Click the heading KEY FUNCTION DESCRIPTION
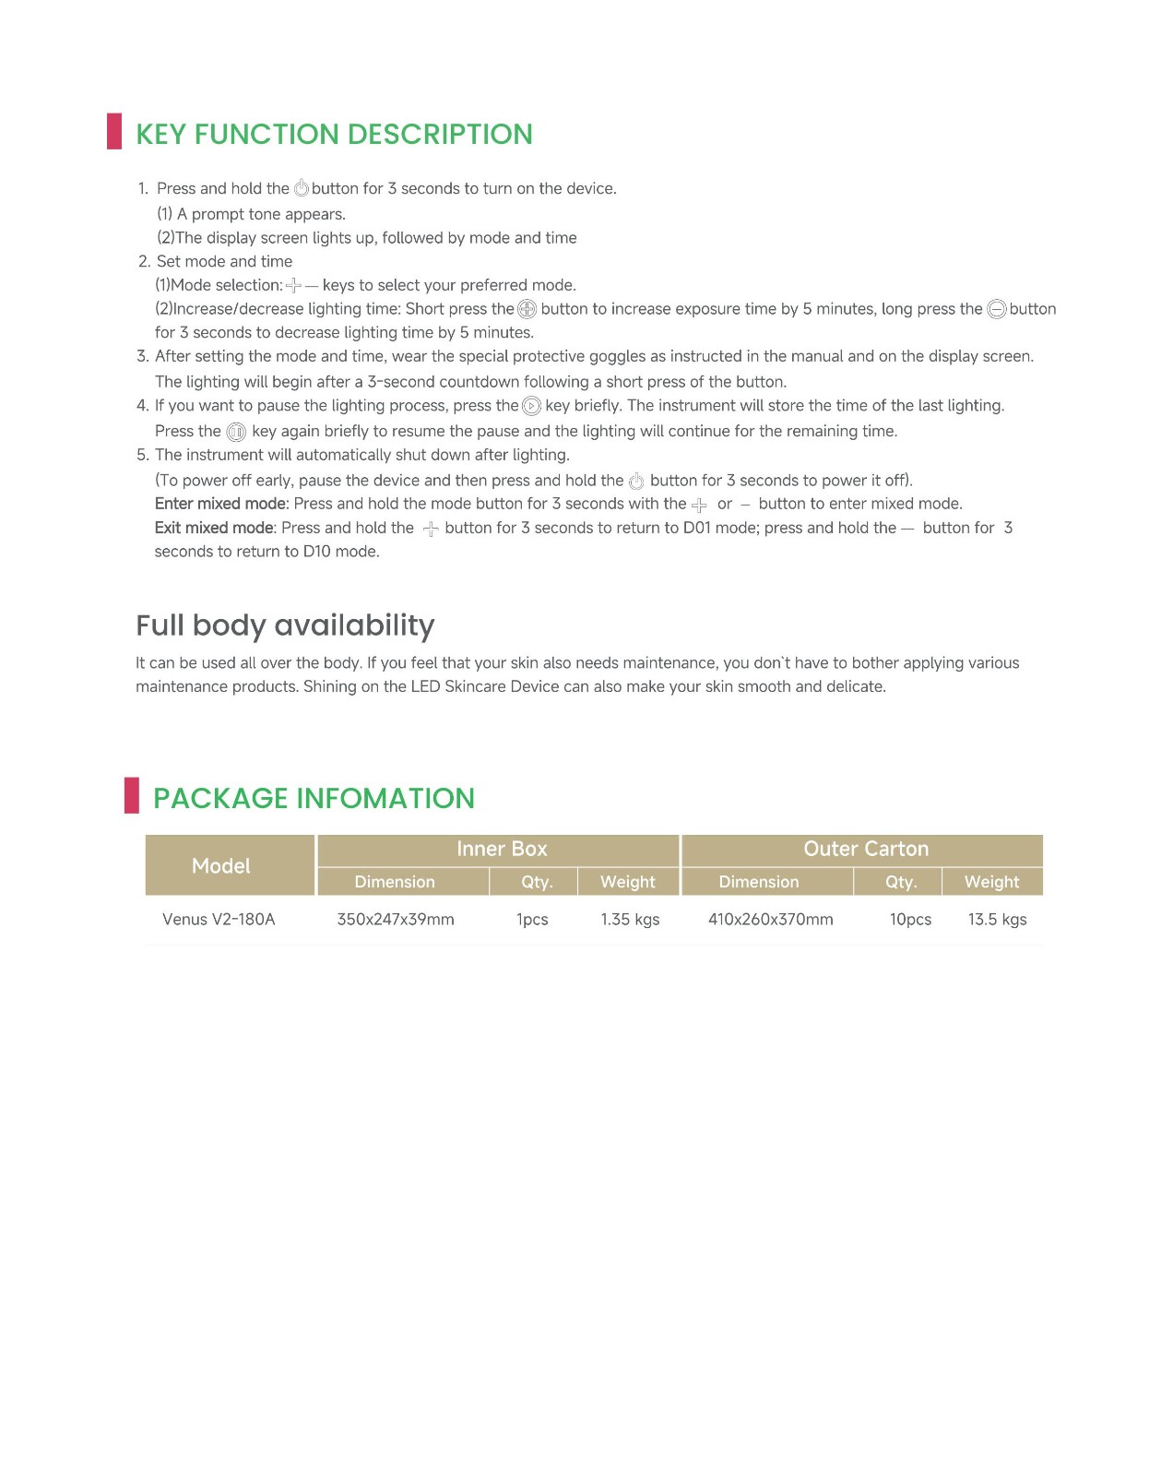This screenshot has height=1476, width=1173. coord(334,135)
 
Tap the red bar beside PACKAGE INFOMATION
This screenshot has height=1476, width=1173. coord(132,795)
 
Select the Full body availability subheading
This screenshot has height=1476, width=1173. coord(285,625)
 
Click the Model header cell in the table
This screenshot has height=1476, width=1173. coord(221,865)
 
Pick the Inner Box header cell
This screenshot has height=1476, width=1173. coord(502,849)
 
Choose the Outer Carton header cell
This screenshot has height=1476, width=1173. coord(866,849)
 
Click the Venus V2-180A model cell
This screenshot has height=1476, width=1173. coord(219,919)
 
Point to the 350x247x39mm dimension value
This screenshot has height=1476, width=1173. coord(396,919)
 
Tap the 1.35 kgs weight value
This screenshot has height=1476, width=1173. coord(630,919)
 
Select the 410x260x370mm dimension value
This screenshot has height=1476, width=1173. coord(771,919)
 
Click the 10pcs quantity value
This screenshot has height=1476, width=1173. coord(910,919)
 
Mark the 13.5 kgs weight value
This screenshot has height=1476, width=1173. coord(997,919)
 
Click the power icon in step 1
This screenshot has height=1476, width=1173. coord(301,189)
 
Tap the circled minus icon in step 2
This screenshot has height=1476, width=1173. coord(996,310)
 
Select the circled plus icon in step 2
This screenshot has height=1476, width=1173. coord(527,310)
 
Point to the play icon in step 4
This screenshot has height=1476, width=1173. coord(531,407)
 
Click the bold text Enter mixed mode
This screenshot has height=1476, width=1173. coord(221,504)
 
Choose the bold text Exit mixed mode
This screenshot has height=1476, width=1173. coord(214,528)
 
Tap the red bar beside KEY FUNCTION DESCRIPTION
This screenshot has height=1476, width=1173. coord(114,131)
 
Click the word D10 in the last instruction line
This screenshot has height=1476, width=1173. coord(316,552)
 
